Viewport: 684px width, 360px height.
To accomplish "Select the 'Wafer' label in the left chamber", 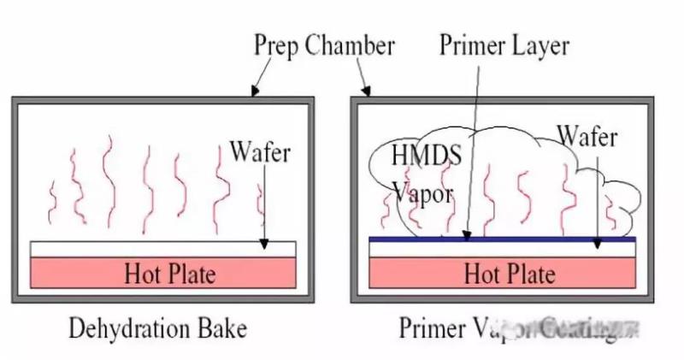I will (x=260, y=153).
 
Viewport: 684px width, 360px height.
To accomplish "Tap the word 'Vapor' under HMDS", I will (x=422, y=193).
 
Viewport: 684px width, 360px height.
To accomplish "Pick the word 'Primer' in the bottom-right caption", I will (x=433, y=328).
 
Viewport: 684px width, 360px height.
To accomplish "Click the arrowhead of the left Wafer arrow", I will (x=265, y=245).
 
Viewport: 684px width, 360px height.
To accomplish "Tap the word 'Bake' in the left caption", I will (x=225, y=328).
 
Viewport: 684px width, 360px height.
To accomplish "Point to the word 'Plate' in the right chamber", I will (x=530, y=274).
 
